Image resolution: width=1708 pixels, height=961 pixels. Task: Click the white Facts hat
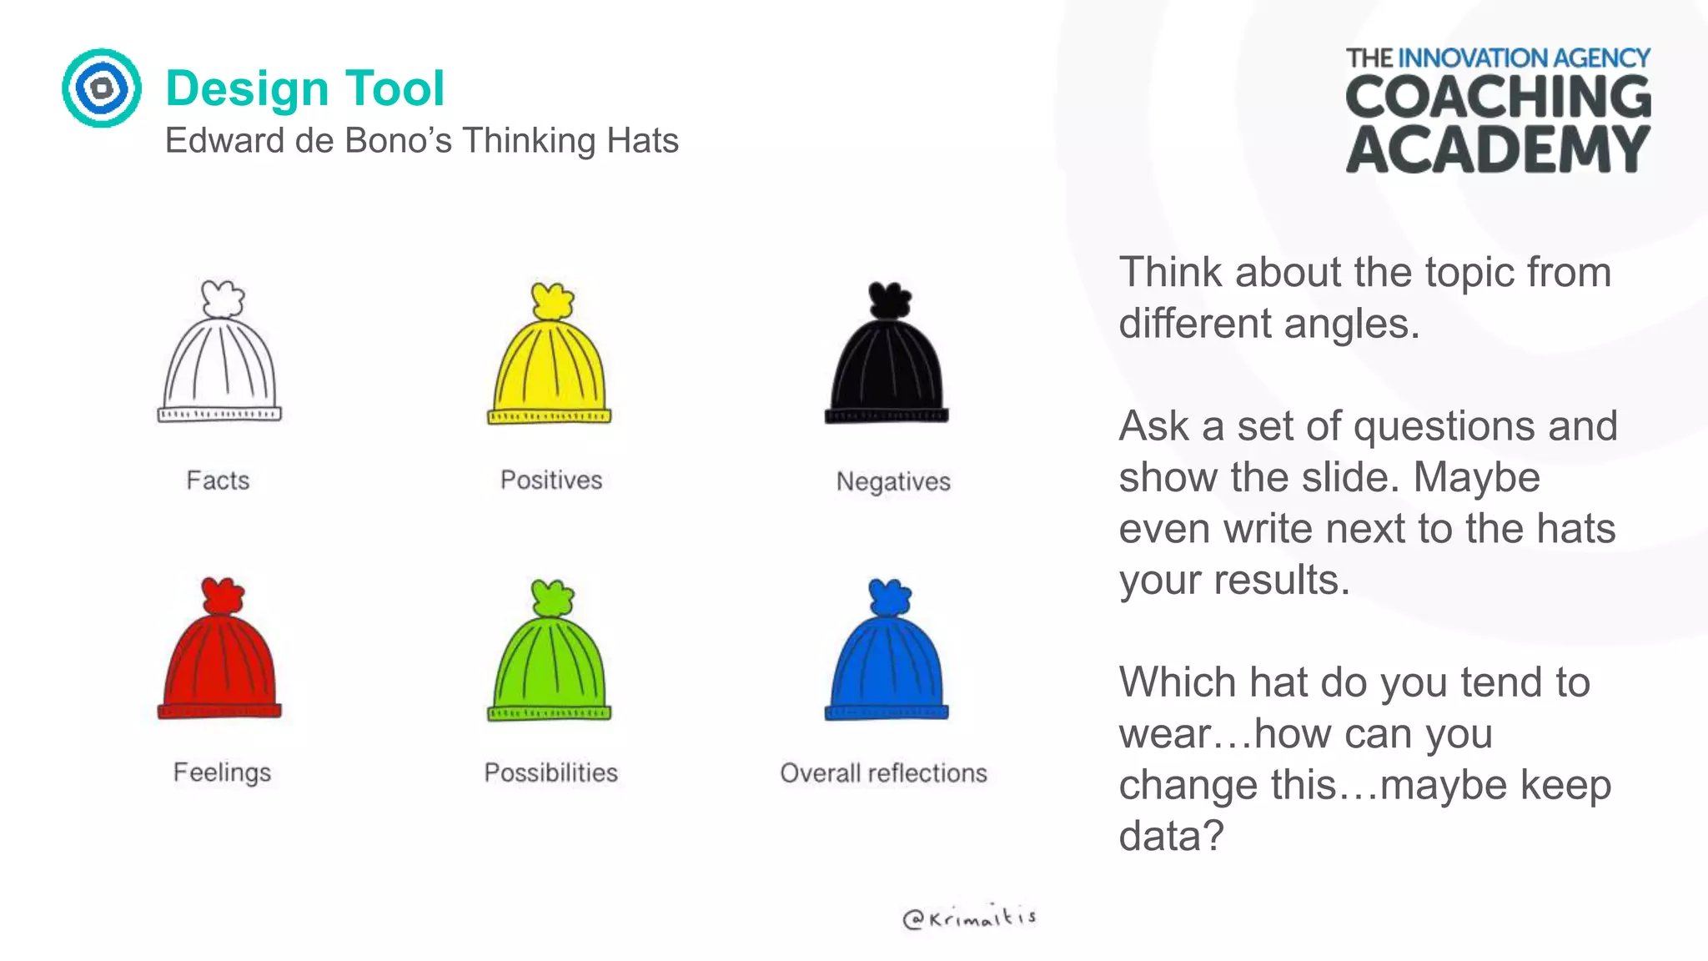(x=220, y=359)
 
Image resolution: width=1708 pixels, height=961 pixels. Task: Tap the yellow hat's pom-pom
(x=552, y=301)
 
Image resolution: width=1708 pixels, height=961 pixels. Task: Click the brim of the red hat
(x=220, y=710)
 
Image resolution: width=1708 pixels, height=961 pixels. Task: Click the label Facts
(x=218, y=480)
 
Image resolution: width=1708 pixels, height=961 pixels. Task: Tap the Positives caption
(x=550, y=480)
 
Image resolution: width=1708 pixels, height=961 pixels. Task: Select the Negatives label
(x=892, y=481)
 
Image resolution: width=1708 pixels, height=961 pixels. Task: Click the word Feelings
(x=222, y=772)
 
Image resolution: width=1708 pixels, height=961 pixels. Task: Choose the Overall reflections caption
(x=883, y=773)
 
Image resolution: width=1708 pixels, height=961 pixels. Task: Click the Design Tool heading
(x=305, y=88)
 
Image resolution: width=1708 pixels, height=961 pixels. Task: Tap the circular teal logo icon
(x=102, y=88)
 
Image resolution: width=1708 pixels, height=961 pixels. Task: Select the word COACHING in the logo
(x=1498, y=97)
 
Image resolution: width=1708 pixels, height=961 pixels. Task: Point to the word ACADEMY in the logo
(x=1498, y=150)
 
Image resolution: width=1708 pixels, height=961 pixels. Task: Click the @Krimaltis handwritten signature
(x=969, y=918)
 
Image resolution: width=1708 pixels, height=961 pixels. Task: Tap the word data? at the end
(x=1171, y=836)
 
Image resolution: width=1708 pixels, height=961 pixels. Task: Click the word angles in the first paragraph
(x=1350, y=324)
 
